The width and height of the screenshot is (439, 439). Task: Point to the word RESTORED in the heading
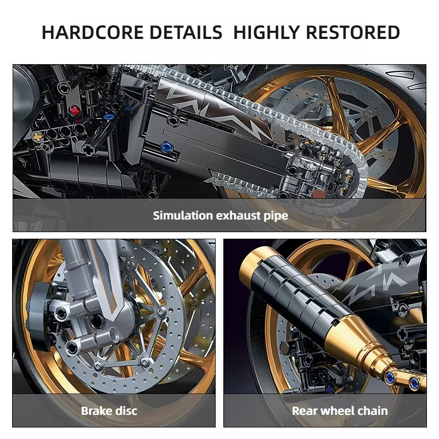352,32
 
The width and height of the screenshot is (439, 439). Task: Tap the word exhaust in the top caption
240,215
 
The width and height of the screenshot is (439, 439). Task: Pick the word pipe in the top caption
277,216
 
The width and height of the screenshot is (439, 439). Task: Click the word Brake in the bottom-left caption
97,410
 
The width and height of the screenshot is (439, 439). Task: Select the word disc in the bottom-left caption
126,410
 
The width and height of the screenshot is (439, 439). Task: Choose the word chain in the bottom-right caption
373,410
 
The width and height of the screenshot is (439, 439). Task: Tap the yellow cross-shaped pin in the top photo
37,136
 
